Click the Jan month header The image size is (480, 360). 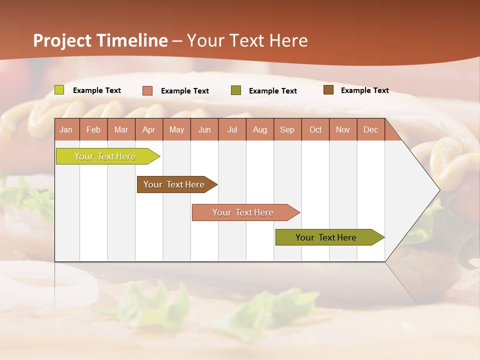point(66,129)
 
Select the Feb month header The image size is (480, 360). point(93,129)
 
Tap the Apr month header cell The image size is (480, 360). point(149,129)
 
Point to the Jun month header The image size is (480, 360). point(204,129)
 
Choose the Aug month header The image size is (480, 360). point(260,129)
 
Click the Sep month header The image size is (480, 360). point(287,129)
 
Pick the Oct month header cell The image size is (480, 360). point(315,129)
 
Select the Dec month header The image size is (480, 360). point(371,129)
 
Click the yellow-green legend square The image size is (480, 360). point(59,90)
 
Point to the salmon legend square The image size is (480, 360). point(147,90)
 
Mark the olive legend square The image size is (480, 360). point(236,90)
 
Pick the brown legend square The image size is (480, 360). point(328,90)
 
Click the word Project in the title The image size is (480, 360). point(62,40)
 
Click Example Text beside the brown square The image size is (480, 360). point(365,90)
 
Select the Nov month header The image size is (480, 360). point(343,129)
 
